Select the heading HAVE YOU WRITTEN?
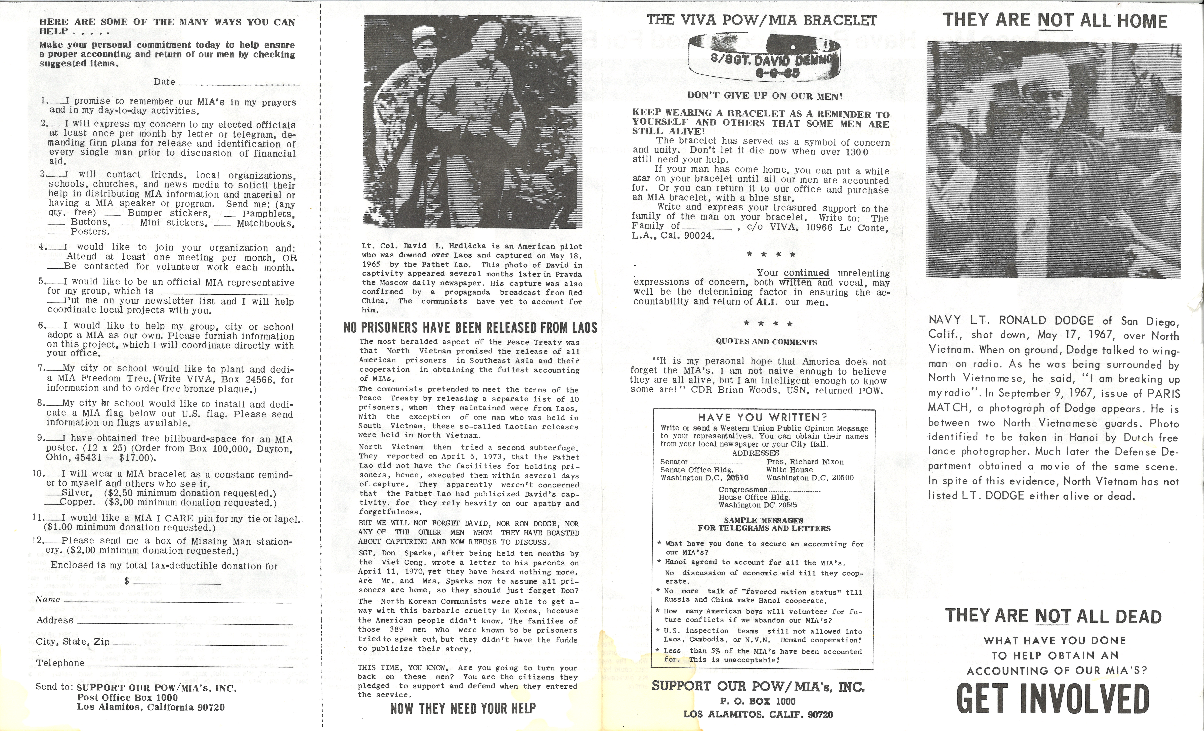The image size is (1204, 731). (762, 417)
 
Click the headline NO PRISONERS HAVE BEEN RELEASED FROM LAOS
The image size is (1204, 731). (470, 327)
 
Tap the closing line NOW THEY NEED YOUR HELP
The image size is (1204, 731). (463, 708)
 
